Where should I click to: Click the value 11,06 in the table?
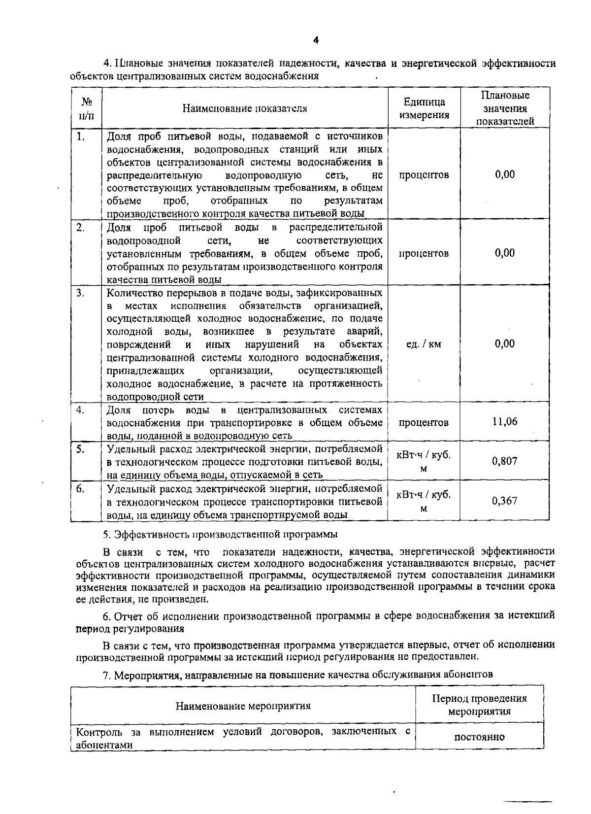504,422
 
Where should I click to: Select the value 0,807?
504,461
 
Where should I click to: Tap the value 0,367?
504,501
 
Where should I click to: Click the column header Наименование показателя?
245,108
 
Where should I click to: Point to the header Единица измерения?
424,108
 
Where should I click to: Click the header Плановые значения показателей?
505,108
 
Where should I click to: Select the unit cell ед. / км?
424,344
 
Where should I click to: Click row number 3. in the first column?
81,293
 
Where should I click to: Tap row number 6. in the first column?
81,488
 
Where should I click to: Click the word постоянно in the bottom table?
479,737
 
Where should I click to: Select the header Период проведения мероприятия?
479,705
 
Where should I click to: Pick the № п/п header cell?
87,108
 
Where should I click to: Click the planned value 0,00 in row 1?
505,174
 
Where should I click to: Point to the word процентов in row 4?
424,422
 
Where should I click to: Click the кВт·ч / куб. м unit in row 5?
424,462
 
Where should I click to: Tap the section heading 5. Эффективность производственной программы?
220,534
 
